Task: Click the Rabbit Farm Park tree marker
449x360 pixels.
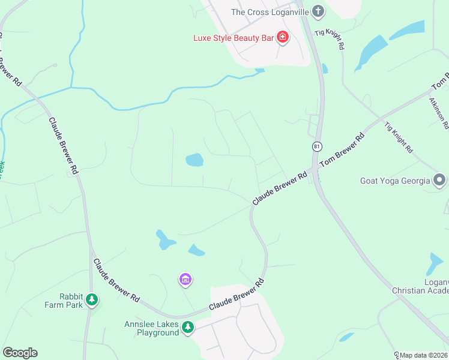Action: pyautogui.click(x=91, y=299)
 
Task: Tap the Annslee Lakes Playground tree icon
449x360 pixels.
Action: pyautogui.click(x=188, y=327)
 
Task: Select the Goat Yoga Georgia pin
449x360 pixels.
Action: pyautogui.click(x=439, y=180)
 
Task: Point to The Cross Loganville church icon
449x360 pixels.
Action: pyautogui.click(x=318, y=11)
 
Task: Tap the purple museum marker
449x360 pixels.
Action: pyautogui.click(x=185, y=279)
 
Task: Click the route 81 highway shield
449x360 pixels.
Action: pyautogui.click(x=316, y=146)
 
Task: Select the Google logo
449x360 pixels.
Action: pyautogui.click(x=20, y=353)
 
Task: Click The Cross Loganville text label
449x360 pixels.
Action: pyautogui.click(x=270, y=12)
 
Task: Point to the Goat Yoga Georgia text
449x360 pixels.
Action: pyautogui.click(x=395, y=181)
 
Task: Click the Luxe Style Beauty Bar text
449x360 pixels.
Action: pyautogui.click(x=233, y=38)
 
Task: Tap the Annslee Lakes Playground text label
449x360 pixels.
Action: pyautogui.click(x=151, y=329)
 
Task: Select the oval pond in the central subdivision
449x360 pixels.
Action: pyautogui.click(x=194, y=160)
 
